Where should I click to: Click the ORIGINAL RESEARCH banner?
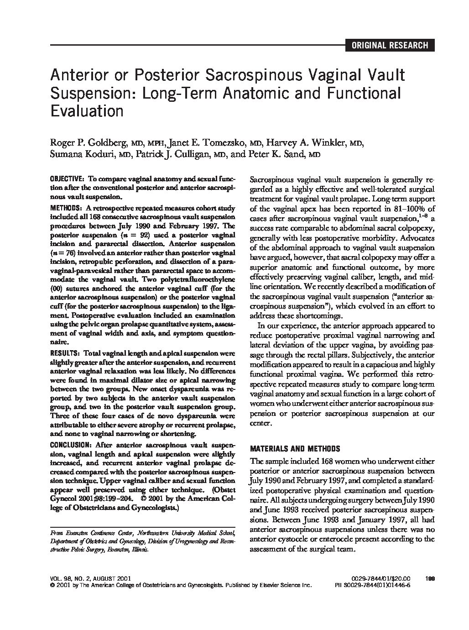pos(389,45)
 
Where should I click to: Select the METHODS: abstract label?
pos(66,209)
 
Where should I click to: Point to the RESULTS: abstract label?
pos(65,353)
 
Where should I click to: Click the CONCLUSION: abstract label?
pos(71,445)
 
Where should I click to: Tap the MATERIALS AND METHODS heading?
pos(295,448)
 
